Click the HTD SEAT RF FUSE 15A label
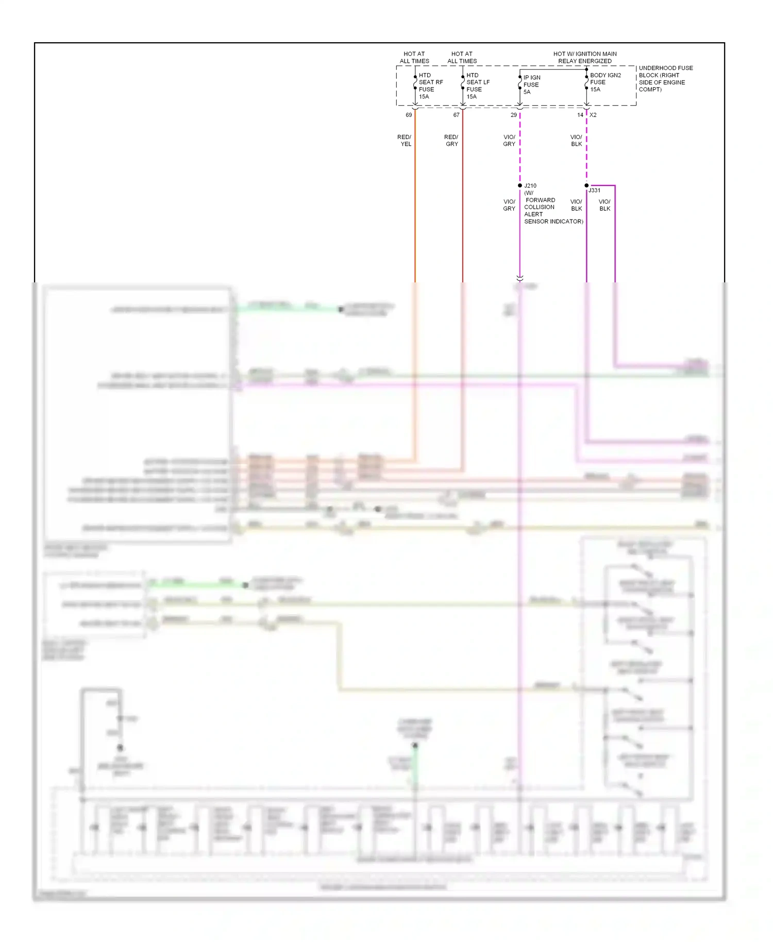coord(430,86)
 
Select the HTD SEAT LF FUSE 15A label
coord(478,86)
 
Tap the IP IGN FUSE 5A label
coord(531,85)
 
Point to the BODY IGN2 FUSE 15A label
coord(605,82)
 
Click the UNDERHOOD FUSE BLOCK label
coord(665,79)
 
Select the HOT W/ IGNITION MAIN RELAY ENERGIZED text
coord(585,57)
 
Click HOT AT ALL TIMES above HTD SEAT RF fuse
coord(414,57)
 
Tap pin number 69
coord(409,115)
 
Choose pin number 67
coord(456,115)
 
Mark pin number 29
coord(513,115)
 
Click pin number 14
coord(580,115)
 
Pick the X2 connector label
coord(593,115)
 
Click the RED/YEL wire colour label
coord(405,141)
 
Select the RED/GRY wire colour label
coord(451,141)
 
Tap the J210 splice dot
coord(520,186)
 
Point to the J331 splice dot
coord(586,186)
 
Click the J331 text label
coord(595,191)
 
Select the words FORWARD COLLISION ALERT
coord(540,207)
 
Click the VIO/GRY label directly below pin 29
coord(509,141)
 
